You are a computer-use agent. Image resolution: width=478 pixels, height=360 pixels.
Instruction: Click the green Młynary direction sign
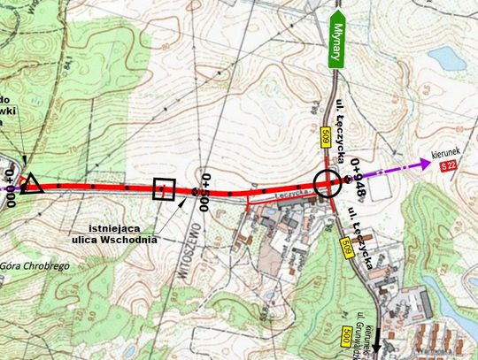point(336,42)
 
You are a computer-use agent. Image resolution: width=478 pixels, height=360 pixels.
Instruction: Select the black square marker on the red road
point(164,189)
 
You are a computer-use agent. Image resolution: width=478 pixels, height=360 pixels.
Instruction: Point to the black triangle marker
point(32,184)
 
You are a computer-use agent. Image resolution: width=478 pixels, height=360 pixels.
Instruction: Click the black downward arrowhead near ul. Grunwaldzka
point(374,350)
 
